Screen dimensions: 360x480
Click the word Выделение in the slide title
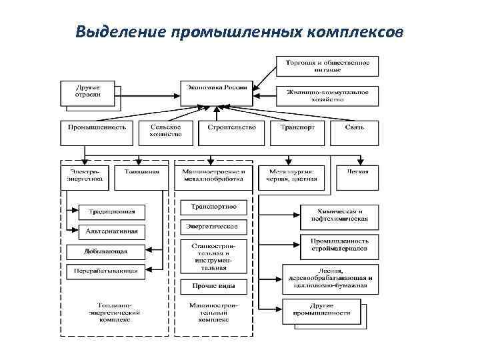[x=121, y=32]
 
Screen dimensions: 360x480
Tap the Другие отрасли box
[x=89, y=91]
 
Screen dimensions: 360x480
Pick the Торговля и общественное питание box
[x=327, y=65]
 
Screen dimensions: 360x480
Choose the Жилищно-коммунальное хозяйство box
[x=327, y=95]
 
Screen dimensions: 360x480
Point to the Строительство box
[x=231, y=127]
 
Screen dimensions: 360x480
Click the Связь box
[x=355, y=127]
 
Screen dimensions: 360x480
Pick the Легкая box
[x=358, y=172]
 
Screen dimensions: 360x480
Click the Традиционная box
[x=111, y=212]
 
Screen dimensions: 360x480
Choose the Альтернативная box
[x=111, y=231]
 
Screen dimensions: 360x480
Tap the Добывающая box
[x=105, y=252]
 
